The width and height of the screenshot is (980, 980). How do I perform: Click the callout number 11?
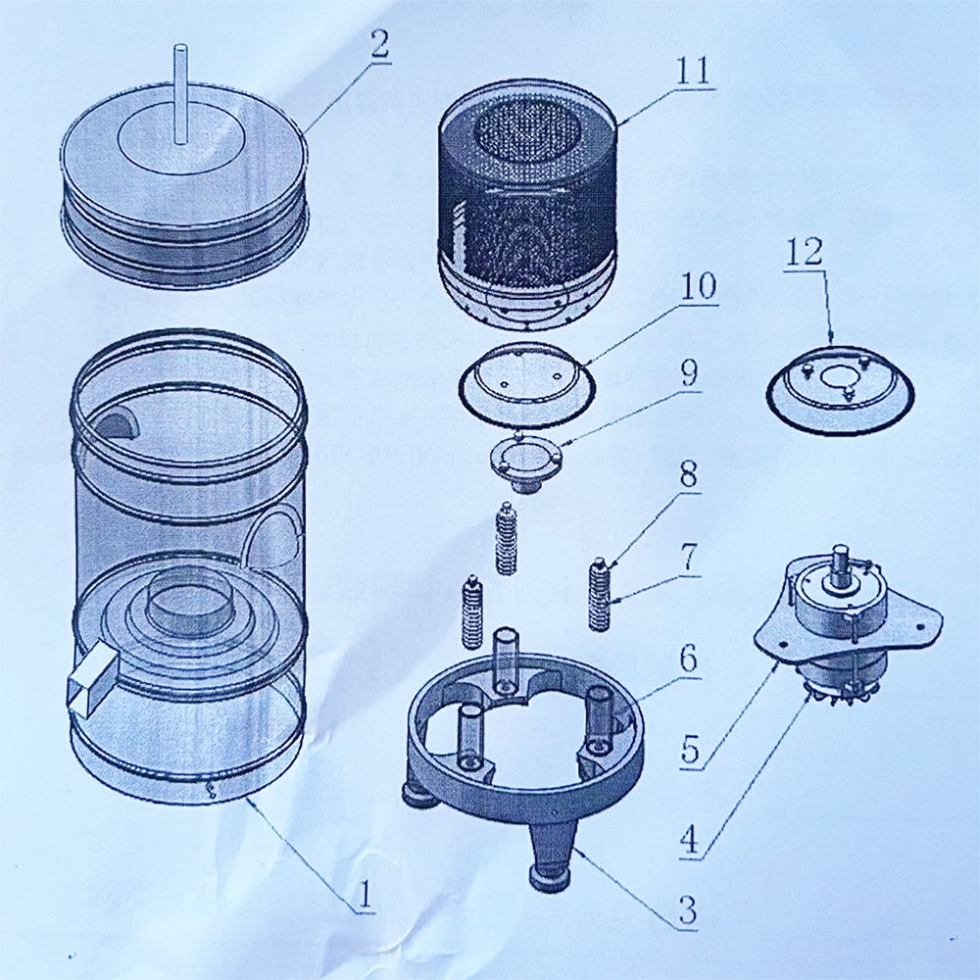point(693,71)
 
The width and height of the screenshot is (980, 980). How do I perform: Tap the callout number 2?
point(379,44)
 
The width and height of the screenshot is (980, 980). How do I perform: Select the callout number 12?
point(805,252)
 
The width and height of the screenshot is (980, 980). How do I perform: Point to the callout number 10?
point(698,286)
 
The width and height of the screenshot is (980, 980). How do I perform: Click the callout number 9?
point(688,373)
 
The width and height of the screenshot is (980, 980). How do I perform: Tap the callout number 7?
point(688,558)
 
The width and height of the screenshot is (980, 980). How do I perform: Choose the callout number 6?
point(688,659)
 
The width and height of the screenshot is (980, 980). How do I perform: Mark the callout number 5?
point(690,749)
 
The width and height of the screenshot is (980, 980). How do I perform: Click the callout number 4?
point(689,840)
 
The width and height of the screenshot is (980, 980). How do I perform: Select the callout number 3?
point(688,910)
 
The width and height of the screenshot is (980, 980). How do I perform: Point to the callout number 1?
point(364,895)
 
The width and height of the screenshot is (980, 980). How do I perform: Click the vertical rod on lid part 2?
point(180,94)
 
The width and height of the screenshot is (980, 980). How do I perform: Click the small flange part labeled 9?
point(525,464)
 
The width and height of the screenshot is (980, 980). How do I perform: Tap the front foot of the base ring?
point(550,856)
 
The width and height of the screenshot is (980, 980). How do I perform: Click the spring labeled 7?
point(600,595)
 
